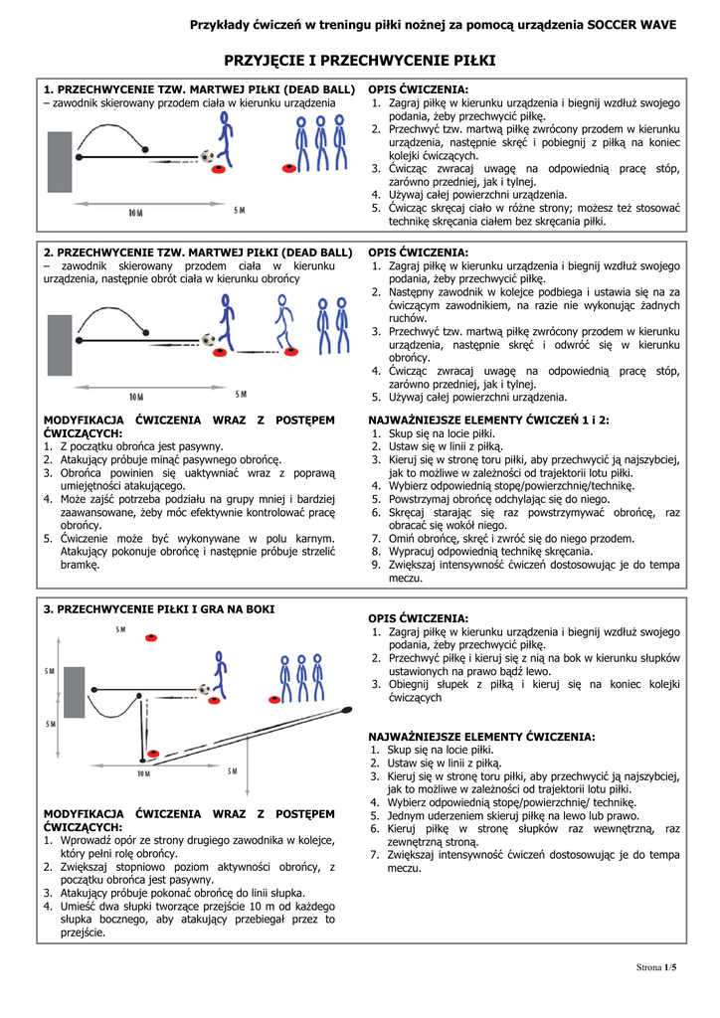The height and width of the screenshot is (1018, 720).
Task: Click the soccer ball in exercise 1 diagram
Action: (x=207, y=156)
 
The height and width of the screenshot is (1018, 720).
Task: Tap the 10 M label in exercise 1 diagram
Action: (x=135, y=212)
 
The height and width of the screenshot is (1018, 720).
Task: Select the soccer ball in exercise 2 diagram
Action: (x=209, y=339)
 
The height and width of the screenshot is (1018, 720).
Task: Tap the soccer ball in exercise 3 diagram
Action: (x=204, y=688)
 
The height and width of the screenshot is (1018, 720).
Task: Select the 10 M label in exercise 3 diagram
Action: (x=143, y=772)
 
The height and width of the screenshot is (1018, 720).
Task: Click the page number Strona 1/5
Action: (x=655, y=967)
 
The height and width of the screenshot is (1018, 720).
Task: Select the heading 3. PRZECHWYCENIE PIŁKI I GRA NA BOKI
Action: (x=158, y=608)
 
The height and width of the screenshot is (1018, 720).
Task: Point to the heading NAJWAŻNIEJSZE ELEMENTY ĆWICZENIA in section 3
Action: (x=481, y=737)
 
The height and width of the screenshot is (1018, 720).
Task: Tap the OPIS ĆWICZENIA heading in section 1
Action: (x=418, y=88)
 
